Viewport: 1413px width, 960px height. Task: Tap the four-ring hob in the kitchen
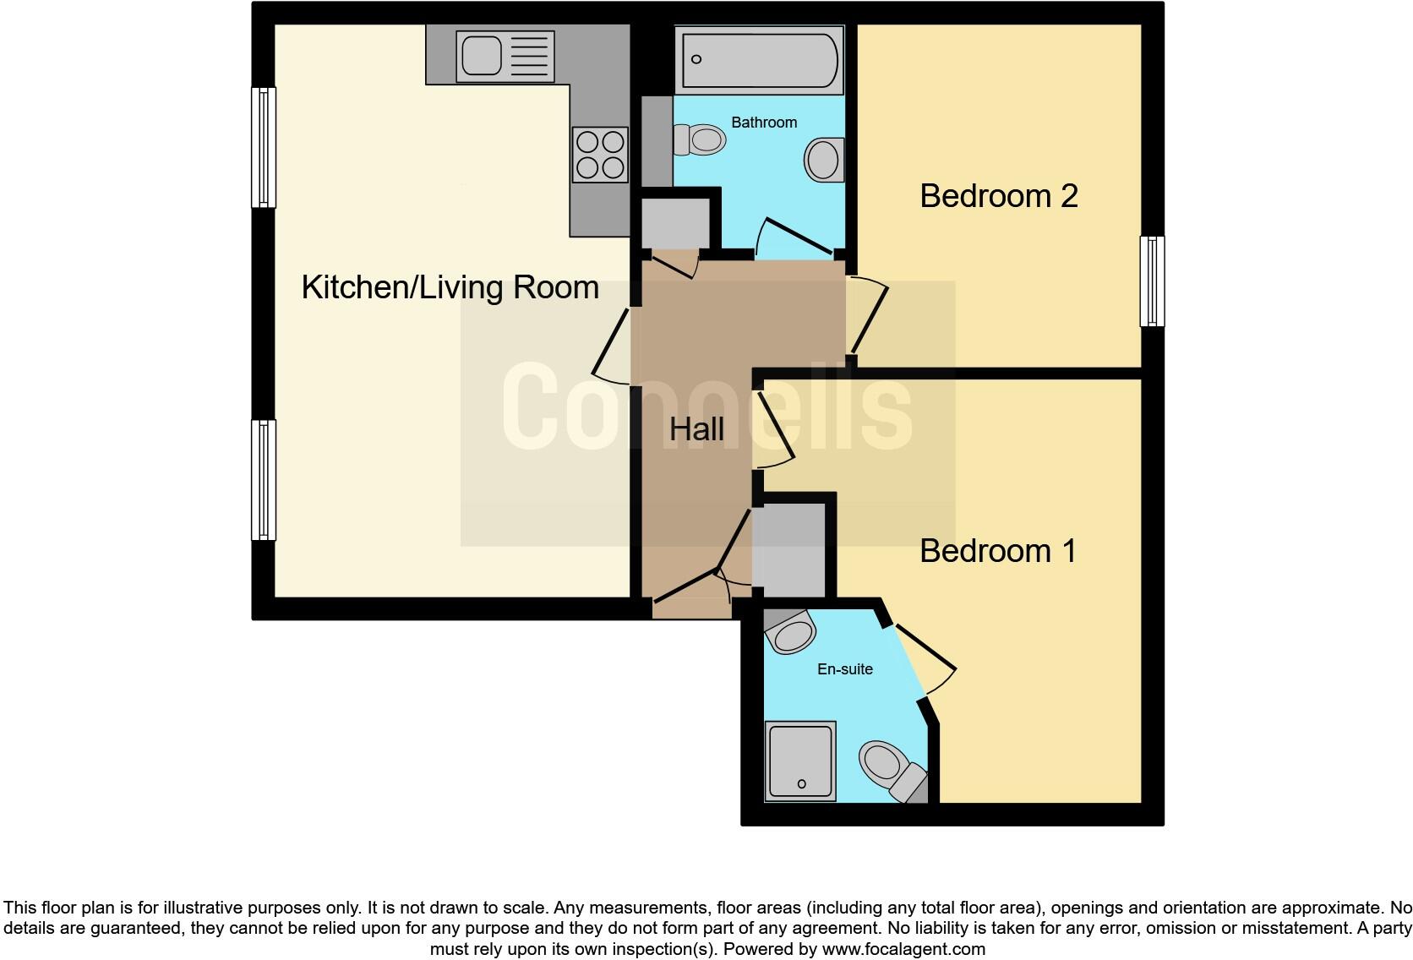point(600,155)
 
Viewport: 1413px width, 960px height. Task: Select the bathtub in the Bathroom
point(758,60)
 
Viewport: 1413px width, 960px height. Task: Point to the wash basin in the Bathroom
point(824,160)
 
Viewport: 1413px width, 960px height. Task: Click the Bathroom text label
point(763,123)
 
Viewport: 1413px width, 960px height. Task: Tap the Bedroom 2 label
point(998,196)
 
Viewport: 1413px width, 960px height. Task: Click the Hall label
point(696,429)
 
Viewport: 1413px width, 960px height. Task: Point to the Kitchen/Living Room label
point(450,287)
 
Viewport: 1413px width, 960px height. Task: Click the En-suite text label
point(844,669)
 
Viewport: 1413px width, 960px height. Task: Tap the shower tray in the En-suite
point(799,761)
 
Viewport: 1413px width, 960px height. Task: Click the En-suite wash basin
point(790,633)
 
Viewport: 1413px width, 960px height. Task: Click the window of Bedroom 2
point(1151,281)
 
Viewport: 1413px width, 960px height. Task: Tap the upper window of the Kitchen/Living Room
point(265,148)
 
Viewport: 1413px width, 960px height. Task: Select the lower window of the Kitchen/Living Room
point(265,480)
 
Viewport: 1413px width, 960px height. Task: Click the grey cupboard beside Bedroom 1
point(788,549)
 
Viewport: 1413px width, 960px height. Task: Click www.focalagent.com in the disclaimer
point(903,949)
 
